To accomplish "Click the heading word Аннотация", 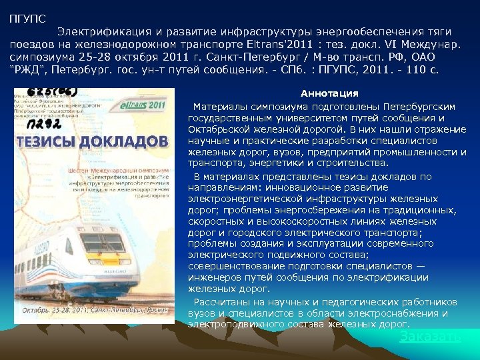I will [x=329, y=93].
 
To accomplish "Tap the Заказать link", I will [x=430, y=337].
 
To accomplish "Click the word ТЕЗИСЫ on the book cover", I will [x=45, y=141].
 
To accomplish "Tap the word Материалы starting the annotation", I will [x=219, y=106].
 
